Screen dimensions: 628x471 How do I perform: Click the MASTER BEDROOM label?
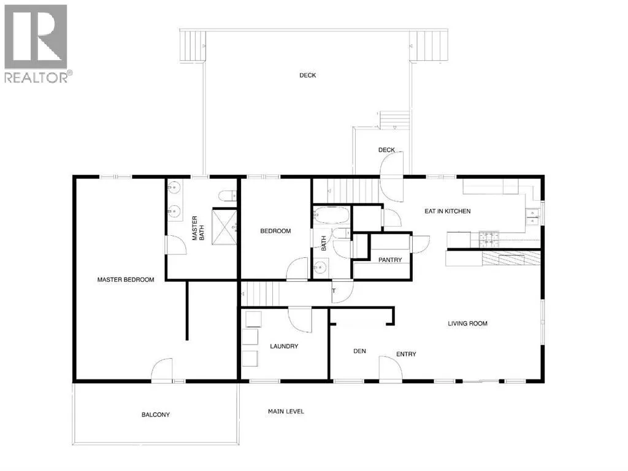126,279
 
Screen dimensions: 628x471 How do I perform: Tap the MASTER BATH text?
198,228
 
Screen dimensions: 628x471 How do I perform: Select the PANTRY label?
390,260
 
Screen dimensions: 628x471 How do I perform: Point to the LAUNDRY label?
284,346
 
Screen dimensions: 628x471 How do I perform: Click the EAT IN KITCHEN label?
447,211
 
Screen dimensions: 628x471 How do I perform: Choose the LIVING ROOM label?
467,324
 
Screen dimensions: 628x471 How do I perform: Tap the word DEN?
359,351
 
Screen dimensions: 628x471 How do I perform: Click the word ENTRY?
406,354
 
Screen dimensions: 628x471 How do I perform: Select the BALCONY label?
156,415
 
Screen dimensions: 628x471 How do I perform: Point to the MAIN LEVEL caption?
286,411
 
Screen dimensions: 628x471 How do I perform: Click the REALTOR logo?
36,44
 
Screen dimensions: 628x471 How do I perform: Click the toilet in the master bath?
228,195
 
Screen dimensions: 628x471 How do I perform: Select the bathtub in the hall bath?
331,215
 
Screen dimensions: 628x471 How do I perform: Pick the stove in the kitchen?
489,239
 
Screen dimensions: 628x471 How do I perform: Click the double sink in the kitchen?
533,217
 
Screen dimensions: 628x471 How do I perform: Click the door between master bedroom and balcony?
162,370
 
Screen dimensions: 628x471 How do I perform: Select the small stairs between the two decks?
394,120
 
